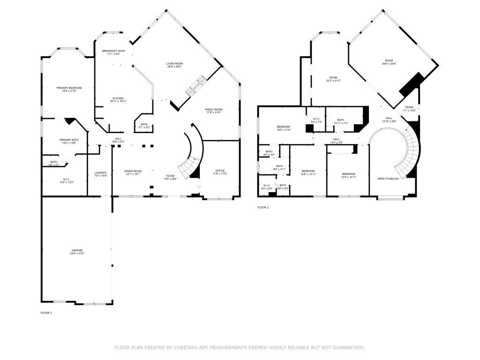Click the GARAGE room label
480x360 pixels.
click(77, 251)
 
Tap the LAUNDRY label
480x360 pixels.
click(101, 172)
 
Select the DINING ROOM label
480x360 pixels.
click(133, 171)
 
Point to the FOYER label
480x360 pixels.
click(170, 176)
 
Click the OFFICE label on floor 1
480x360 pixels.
click(220, 171)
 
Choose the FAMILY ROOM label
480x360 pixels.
click(213, 109)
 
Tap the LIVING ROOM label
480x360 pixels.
click(174, 63)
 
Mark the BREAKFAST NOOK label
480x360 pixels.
click(114, 51)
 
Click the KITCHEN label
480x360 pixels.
click(118, 98)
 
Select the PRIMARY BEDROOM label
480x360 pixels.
click(69, 88)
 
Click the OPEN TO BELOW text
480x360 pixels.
click(388, 179)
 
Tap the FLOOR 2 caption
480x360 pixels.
click(263, 207)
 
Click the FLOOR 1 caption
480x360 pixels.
click(46, 312)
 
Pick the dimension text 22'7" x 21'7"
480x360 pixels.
click(333, 81)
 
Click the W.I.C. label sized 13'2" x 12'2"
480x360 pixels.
click(66, 179)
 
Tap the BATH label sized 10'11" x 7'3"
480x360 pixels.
click(340, 120)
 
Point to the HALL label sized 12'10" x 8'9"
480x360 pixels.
click(389, 118)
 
